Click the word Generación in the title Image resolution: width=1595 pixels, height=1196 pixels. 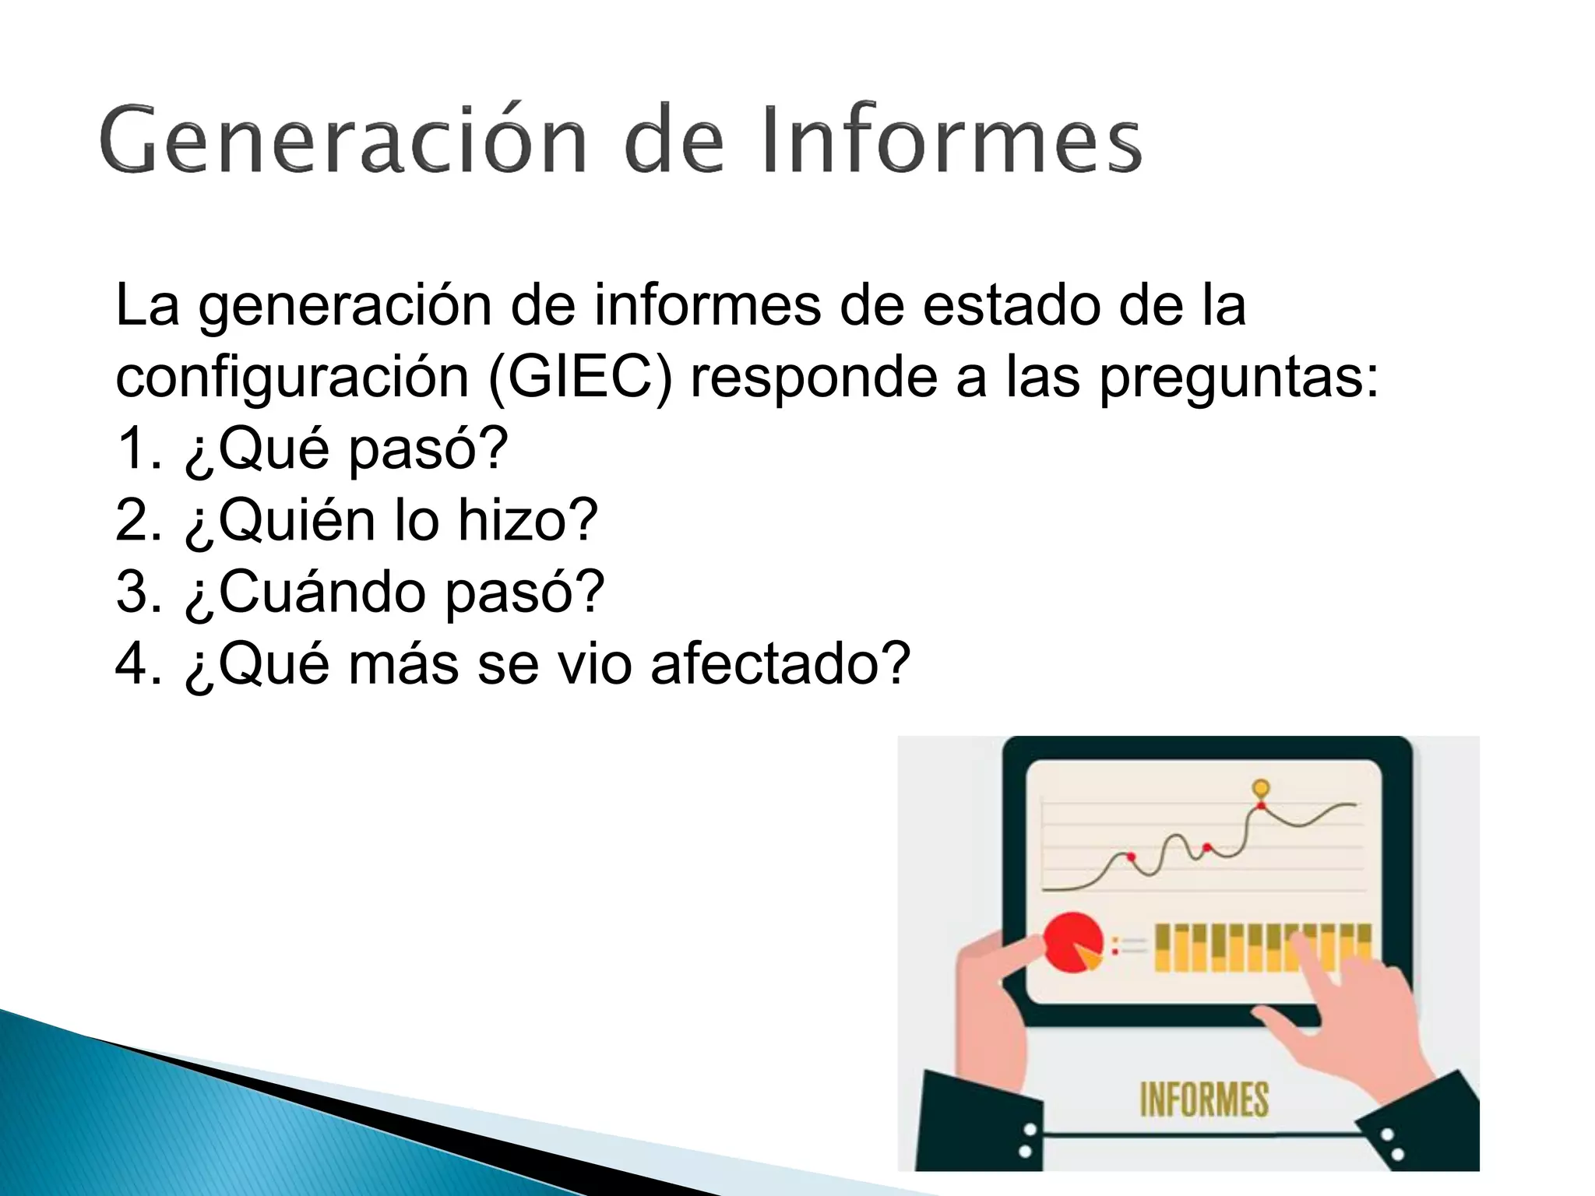(343, 140)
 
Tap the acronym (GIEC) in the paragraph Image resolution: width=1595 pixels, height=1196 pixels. (580, 378)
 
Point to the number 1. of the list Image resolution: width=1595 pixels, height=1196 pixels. (139, 448)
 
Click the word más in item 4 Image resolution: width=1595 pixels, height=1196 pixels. (403, 666)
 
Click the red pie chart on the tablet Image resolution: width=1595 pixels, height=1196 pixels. (1071, 943)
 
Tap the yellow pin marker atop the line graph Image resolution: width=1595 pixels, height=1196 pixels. (1261, 788)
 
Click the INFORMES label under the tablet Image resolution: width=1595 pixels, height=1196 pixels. (1204, 1099)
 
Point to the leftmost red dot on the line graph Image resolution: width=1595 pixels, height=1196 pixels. (1131, 857)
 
